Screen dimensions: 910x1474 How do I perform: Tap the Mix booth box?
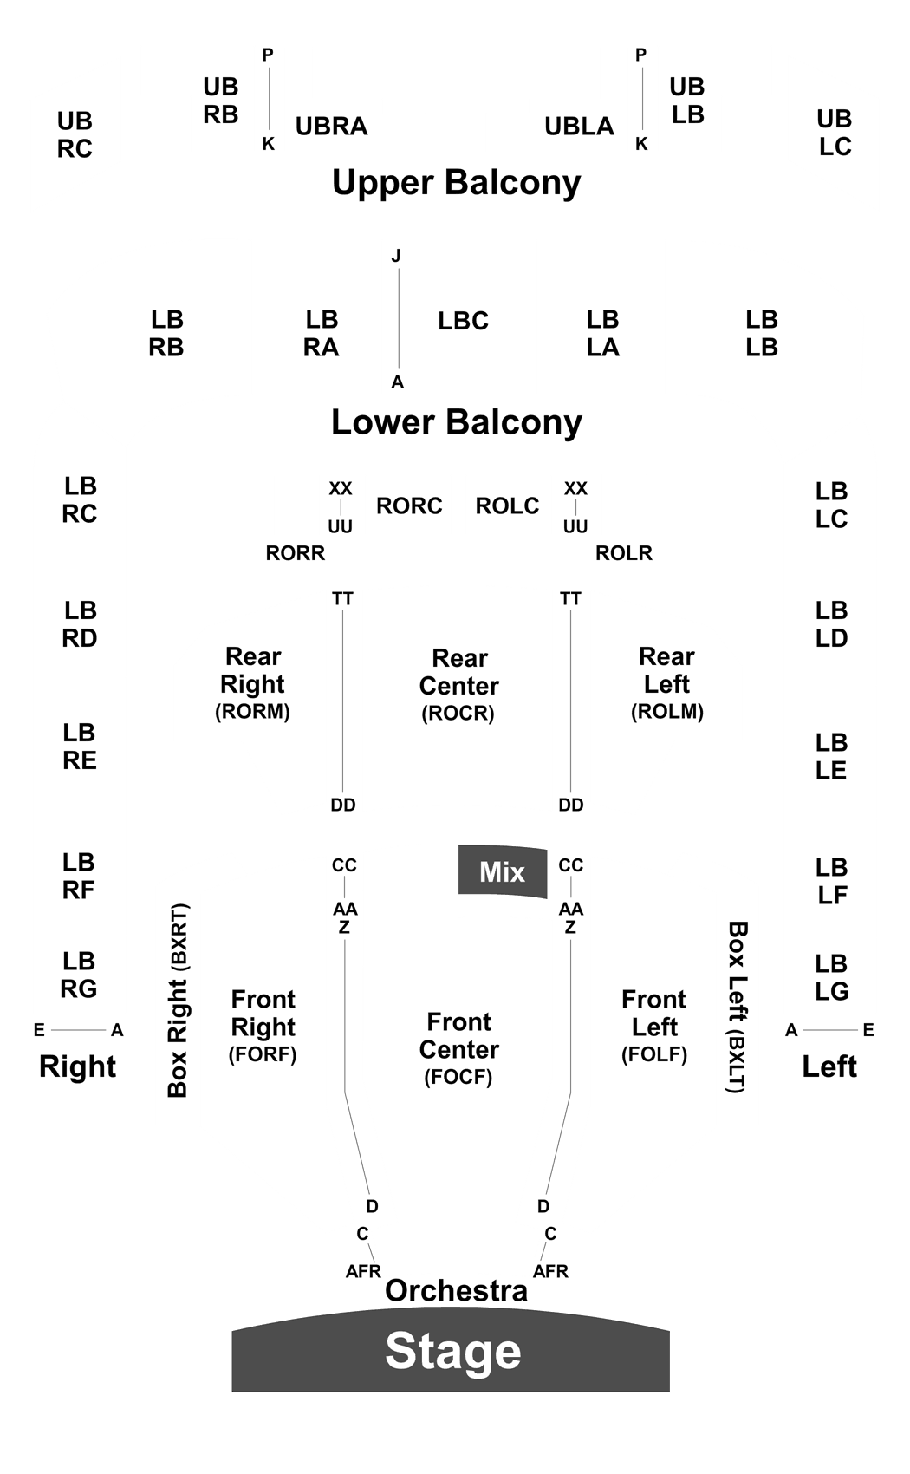coord(503,871)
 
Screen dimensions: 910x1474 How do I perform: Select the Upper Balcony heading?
coord(457,182)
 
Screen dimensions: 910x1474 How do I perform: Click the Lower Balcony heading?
coord(457,421)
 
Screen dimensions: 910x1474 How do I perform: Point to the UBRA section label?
coord(331,126)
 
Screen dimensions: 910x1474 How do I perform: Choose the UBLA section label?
coord(579,126)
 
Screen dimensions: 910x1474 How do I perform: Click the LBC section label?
coord(464,321)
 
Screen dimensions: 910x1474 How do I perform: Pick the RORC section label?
coord(409,506)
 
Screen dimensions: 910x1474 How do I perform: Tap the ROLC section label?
coord(507,506)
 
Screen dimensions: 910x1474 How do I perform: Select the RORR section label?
coord(296,553)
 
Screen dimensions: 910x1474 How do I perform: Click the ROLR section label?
coord(624,553)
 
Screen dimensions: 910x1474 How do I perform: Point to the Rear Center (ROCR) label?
coord(459,686)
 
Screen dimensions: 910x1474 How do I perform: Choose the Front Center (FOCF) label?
coord(459,1049)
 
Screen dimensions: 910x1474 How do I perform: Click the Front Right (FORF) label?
coord(263,1027)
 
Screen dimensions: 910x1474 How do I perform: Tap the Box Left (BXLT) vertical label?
coord(737,1007)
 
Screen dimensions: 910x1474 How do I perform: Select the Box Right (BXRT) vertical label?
coord(178,1001)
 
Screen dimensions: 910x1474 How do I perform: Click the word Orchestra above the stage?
coord(457,1291)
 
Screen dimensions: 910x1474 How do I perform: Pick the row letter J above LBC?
coord(396,256)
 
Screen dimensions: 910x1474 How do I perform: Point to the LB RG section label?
coord(79,975)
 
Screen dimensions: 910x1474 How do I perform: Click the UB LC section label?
coord(835,133)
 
